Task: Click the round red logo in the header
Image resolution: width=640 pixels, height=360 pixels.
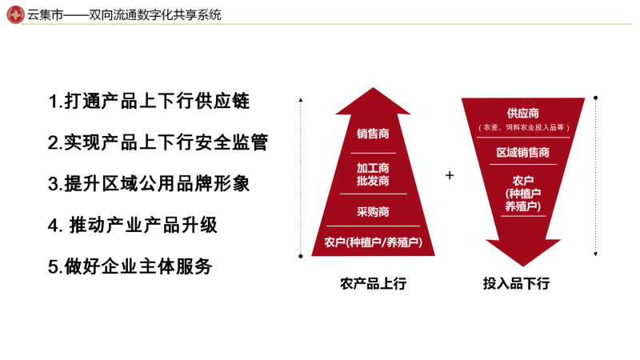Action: point(15,14)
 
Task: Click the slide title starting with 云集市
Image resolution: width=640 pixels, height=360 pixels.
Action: point(124,15)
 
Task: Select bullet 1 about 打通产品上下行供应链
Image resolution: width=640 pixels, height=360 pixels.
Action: point(149,102)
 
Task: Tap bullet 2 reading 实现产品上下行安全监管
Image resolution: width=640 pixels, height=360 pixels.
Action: point(158,142)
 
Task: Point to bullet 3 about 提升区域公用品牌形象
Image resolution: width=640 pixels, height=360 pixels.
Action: point(149,184)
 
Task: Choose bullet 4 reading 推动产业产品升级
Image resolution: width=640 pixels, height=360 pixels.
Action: point(133,226)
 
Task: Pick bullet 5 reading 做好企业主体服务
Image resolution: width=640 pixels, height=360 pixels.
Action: point(130,266)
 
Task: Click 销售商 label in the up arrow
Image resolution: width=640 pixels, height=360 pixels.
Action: point(373,134)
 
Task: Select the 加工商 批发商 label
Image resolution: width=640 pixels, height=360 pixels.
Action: point(373,174)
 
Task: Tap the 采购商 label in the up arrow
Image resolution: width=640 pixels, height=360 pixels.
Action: point(373,211)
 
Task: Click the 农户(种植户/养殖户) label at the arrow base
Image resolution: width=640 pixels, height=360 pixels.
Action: point(373,242)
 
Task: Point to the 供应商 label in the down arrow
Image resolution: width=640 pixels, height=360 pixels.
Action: point(523,113)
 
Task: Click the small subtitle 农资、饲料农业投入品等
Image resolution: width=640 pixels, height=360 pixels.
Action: point(524,127)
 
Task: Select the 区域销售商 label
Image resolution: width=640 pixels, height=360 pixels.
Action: point(523,152)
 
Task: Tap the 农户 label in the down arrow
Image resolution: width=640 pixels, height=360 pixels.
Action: point(523,193)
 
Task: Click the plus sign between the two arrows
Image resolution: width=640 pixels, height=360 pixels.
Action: point(450,175)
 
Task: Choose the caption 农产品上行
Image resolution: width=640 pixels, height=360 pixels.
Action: point(373,283)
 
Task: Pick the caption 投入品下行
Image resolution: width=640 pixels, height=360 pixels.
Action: point(516,283)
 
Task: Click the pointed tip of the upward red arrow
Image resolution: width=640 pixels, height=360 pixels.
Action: point(373,87)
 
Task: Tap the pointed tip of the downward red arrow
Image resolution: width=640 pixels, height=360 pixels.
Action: point(523,266)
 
